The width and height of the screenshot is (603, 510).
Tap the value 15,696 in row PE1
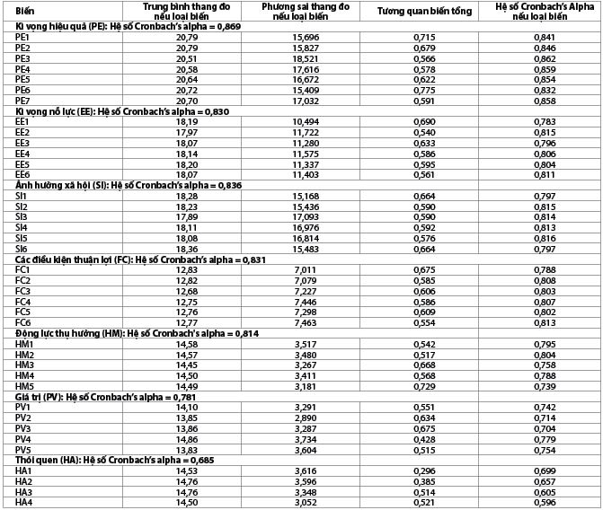(305, 37)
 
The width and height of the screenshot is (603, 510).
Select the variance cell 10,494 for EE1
(305, 121)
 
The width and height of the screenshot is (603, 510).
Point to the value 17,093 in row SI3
(305, 216)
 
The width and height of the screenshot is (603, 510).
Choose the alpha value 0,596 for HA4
(545, 503)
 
